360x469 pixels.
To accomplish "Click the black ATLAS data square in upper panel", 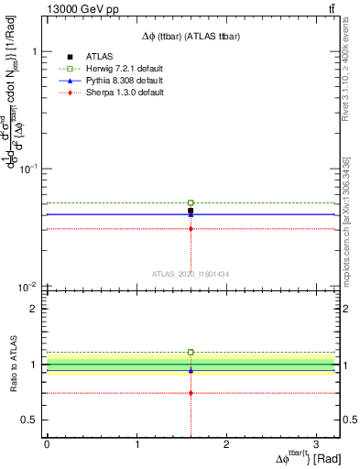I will pyautogui.click(x=191, y=211).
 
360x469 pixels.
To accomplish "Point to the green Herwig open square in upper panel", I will pyautogui.click(x=191, y=202).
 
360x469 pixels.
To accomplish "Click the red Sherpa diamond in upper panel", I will pyautogui.click(x=191, y=228).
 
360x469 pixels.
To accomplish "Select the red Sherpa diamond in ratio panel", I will pyautogui.click(x=191, y=392).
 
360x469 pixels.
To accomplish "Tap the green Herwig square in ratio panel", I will pyautogui.click(x=191, y=352).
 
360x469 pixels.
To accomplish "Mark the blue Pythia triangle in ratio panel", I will pyautogui.click(x=191, y=370).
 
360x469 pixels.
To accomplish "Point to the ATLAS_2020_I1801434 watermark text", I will pyautogui.click(x=191, y=274).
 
